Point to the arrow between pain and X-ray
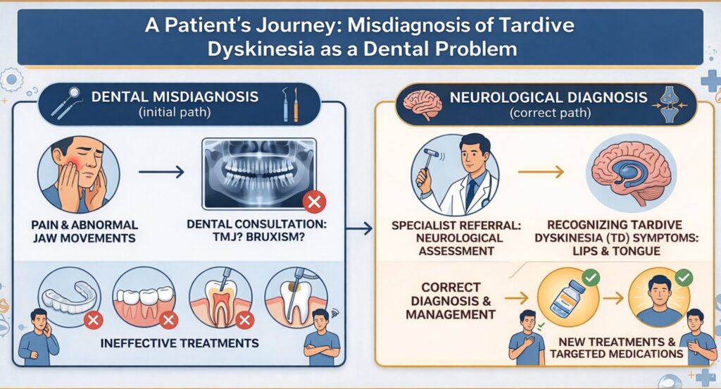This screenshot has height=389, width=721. pos(161,171)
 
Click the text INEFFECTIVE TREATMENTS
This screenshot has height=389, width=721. pos(180,343)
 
